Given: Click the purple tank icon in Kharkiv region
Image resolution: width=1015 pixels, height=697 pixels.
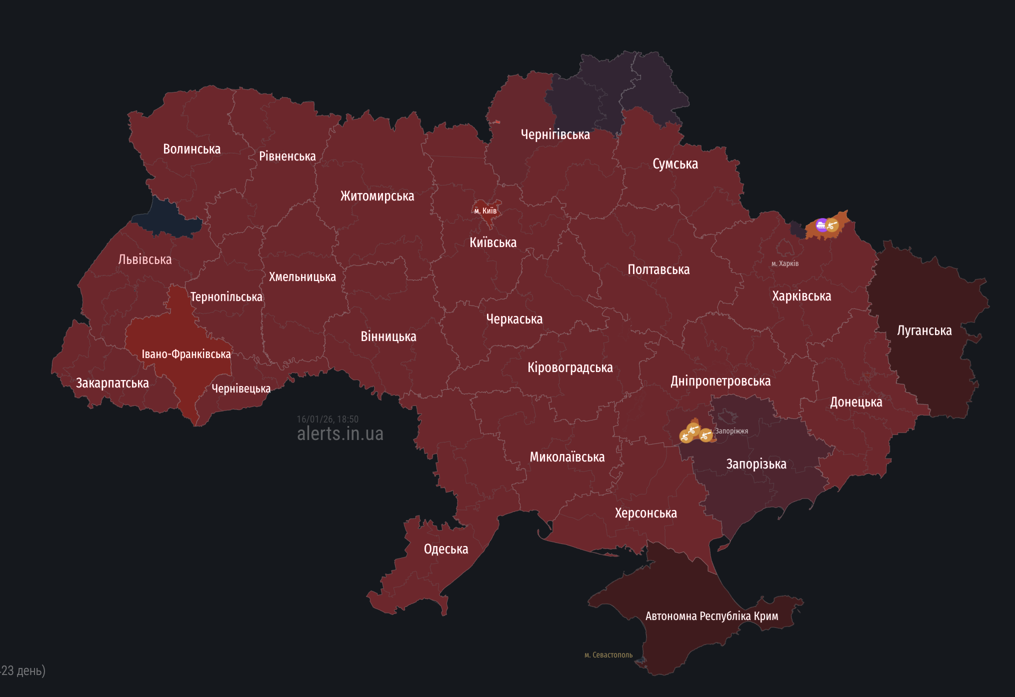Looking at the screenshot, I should click(821, 225).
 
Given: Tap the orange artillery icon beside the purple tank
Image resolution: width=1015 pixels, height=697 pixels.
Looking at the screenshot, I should click(832, 225).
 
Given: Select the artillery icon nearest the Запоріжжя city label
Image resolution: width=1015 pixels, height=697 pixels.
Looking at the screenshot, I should click(705, 435).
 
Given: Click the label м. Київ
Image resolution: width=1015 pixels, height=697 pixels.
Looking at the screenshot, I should click(485, 210).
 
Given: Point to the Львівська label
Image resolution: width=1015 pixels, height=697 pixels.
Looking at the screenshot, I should click(145, 259).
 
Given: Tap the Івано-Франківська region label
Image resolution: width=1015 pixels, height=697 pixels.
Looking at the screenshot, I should click(186, 354).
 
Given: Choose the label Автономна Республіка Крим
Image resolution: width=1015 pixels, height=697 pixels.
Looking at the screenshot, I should click(711, 616).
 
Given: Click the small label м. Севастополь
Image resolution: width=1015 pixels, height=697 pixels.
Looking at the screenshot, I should click(608, 654).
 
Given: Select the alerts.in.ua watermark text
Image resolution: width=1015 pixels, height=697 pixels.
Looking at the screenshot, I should click(340, 433).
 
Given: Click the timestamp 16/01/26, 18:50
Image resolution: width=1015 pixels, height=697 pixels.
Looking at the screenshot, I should click(327, 419).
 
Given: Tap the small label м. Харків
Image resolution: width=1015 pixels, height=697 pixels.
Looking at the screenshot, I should click(784, 263).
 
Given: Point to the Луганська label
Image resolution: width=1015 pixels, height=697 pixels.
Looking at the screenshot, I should click(924, 330).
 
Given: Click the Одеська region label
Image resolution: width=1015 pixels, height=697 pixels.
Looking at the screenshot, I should click(446, 549).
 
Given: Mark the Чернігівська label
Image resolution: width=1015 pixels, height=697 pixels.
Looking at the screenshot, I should click(555, 134).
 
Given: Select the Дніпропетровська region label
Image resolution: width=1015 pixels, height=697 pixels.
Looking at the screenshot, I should click(720, 381).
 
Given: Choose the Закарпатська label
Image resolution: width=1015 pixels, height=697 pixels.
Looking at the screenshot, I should click(112, 383).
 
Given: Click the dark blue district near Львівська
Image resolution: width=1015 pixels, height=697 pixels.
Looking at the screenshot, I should click(165, 219).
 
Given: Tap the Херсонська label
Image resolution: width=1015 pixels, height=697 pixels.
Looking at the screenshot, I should click(645, 513).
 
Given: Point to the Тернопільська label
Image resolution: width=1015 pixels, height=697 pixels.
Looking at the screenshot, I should click(226, 297).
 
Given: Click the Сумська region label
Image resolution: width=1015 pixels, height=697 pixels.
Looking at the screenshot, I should click(675, 164).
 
